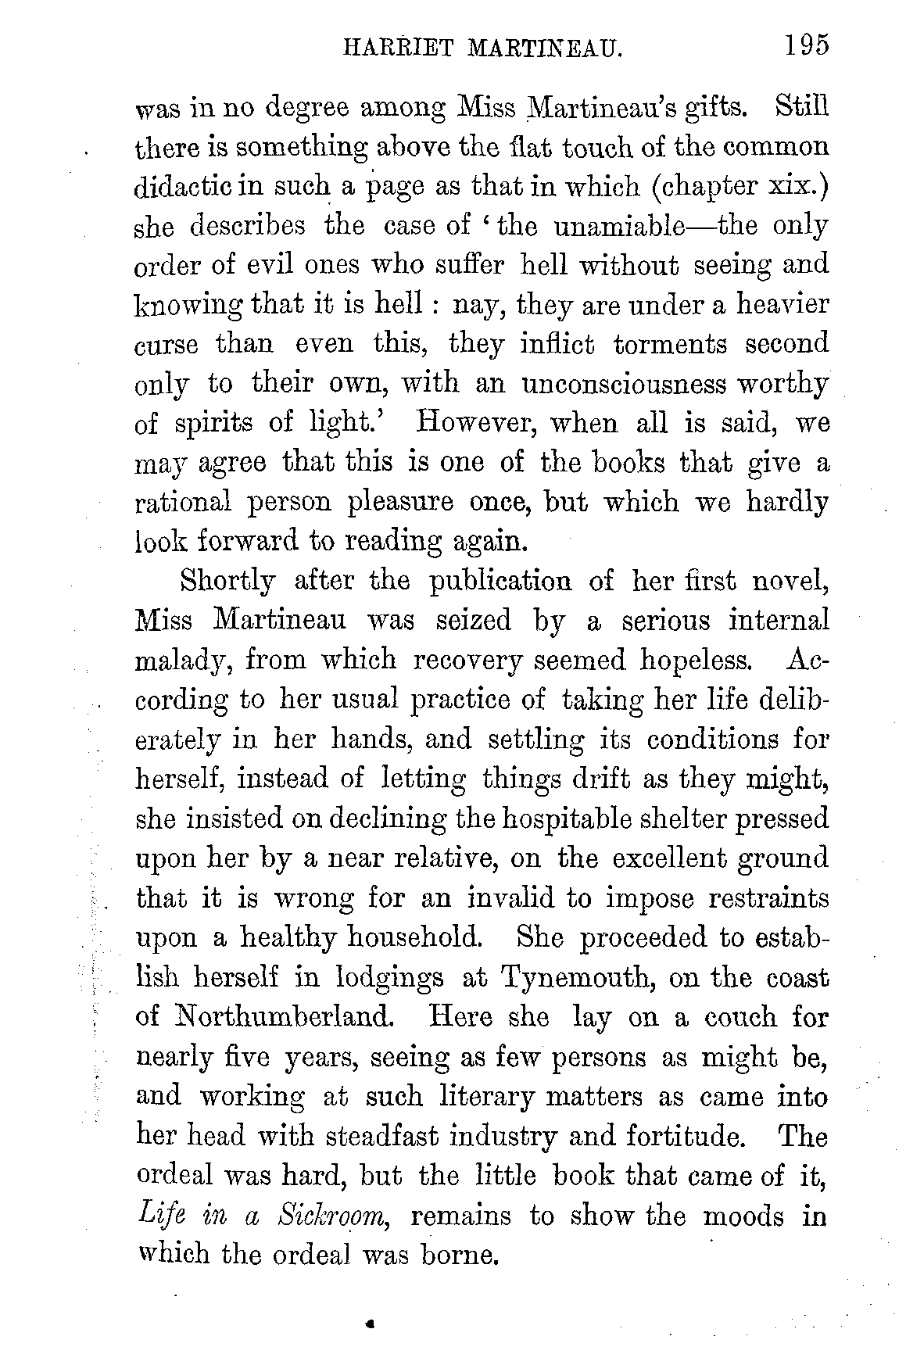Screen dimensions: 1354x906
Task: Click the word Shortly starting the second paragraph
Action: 227,581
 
